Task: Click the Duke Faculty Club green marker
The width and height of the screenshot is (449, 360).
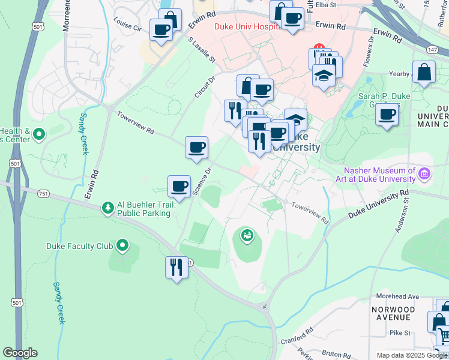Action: pyautogui.click(x=123, y=245)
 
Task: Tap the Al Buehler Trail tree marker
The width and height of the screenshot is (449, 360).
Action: pyautogui.click(x=108, y=208)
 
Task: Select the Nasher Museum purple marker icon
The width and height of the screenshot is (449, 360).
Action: pyautogui.click(x=425, y=175)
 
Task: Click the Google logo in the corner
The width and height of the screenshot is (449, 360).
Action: pyautogui.click(x=20, y=353)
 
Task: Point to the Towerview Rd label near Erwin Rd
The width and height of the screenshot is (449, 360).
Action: pyautogui.click(x=135, y=123)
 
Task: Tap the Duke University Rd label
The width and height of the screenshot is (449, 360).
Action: pyautogui.click(x=378, y=205)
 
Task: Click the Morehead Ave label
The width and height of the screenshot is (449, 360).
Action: pyautogui.click(x=397, y=296)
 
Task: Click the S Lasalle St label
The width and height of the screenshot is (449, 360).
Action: pyautogui.click(x=201, y=50)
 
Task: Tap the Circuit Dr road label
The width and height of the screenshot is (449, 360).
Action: pyautogui.click(x=205, y=88)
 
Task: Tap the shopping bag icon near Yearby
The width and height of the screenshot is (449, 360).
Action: pyautogui.click(x=424, y=73)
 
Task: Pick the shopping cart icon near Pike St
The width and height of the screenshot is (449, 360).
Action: pyautogui.click(x=444, y=337)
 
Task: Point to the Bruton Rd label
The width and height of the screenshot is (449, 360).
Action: pyautogui.click(x=335, y=354)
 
